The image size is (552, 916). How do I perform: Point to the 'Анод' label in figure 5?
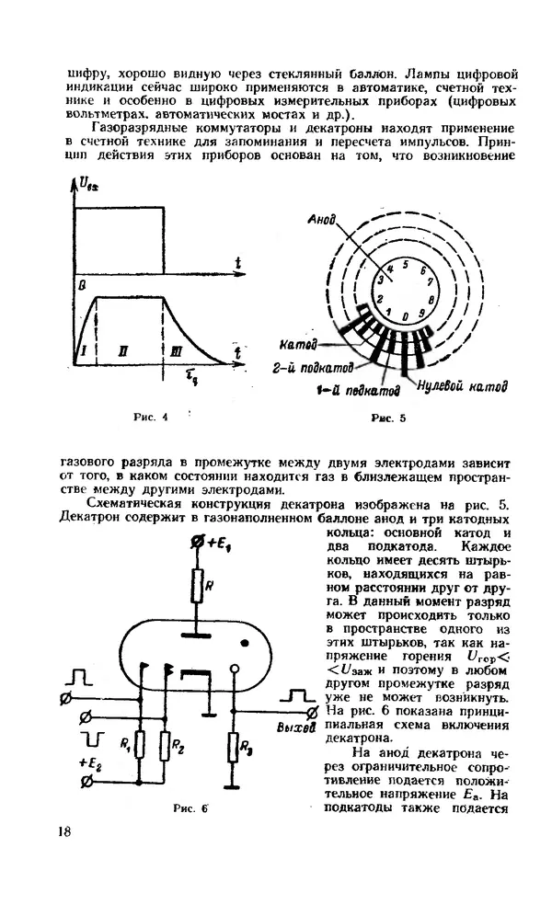[324, 222]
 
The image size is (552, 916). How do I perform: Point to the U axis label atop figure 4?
[89, 187]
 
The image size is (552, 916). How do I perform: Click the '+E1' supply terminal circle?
[195, 545]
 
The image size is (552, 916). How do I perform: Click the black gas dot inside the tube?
[244, 641]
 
